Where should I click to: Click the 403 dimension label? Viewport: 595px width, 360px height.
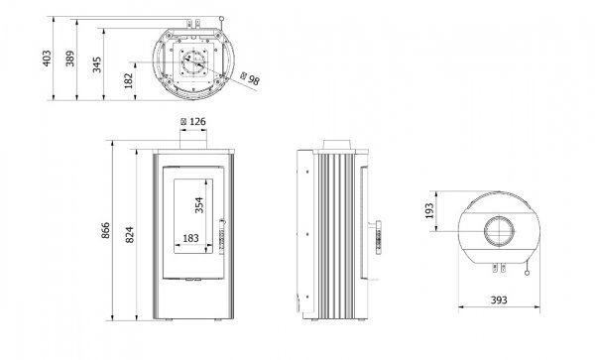pos(47,59)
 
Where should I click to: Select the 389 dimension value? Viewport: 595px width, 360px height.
pos(70,59)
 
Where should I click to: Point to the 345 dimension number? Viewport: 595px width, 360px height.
pos(97,64)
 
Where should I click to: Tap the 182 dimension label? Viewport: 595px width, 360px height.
pos(129,80)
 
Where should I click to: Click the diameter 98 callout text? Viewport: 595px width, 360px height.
pos(250,78)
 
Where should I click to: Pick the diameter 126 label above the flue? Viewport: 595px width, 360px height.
pos(193,122)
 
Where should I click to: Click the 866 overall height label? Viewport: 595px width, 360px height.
pos(105,230)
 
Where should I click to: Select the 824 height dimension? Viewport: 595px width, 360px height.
pos(129,235)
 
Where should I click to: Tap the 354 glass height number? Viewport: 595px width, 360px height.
pos(199,205)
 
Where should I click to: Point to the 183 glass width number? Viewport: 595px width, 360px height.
pos(190,238)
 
